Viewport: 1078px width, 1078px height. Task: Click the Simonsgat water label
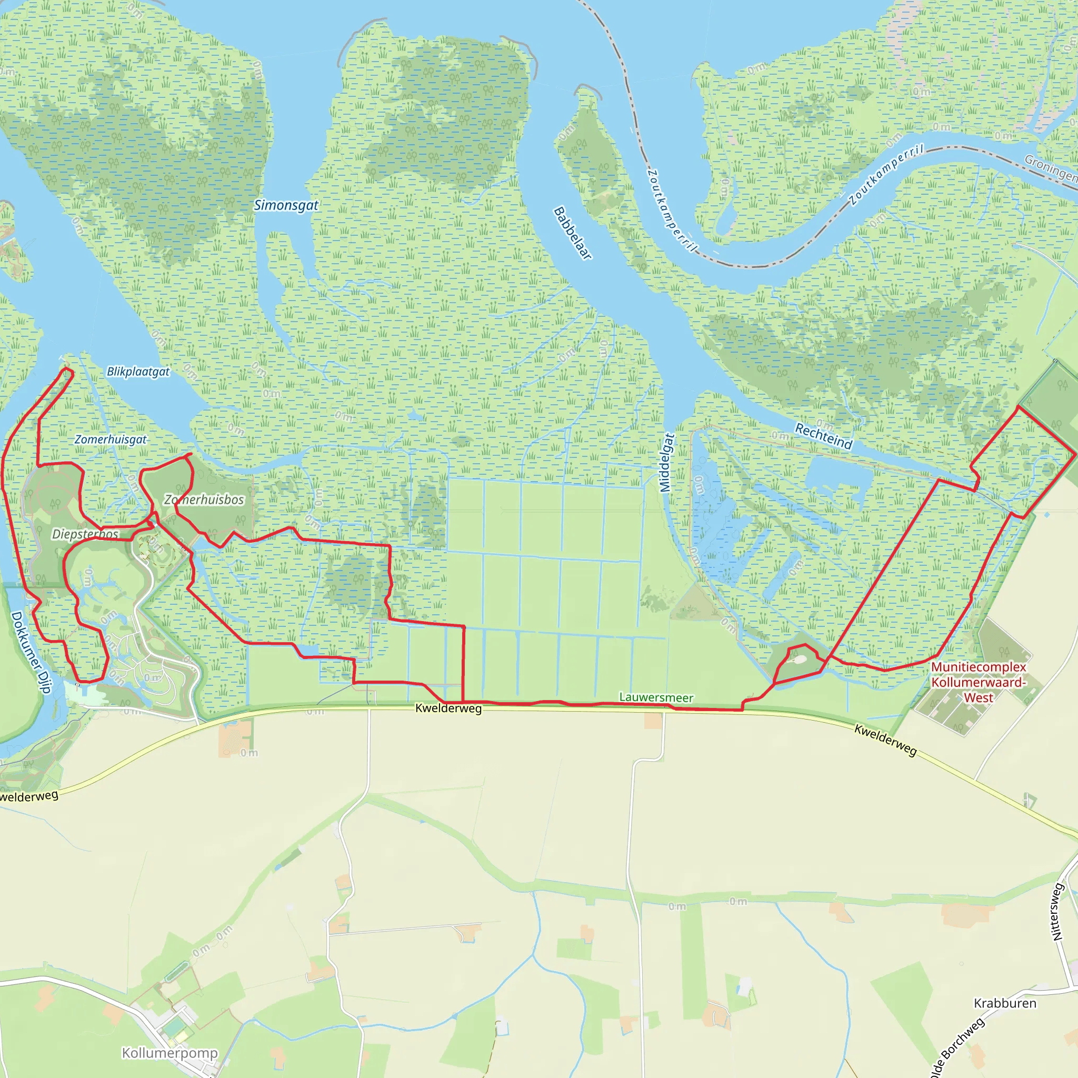[x=286, y=205]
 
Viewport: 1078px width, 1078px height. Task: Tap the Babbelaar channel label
[x=573, y=233]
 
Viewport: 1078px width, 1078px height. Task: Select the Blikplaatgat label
[x=138, y=372]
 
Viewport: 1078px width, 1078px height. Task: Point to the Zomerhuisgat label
[x=111, y=440]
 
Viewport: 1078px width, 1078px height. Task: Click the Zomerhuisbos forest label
[x=204, y=500]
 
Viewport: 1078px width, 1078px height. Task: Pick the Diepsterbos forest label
[x=85, y=535]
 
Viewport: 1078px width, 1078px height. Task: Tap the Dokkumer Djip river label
[x=31, y=652]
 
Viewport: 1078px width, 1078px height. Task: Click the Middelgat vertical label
[x=667, y=463]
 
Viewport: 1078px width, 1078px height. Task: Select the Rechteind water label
[x=824, y=436]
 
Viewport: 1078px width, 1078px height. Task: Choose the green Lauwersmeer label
[x=656, y=697]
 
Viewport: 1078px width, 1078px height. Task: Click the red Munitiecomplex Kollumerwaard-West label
[x=978, y=682]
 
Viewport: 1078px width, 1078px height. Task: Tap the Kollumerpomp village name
[x=169, y=1053]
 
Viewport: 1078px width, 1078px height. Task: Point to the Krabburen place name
[x=1005, y=1003]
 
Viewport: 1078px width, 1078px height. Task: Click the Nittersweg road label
[x=1057, y=912]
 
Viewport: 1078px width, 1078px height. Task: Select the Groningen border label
[x=1052, y=167]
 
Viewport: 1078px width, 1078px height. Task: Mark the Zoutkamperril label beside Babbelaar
[x=672, y=211]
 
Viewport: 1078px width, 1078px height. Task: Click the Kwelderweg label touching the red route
[x=448, y=708]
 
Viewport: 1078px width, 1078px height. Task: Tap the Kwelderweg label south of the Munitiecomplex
[x=885, y=741]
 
